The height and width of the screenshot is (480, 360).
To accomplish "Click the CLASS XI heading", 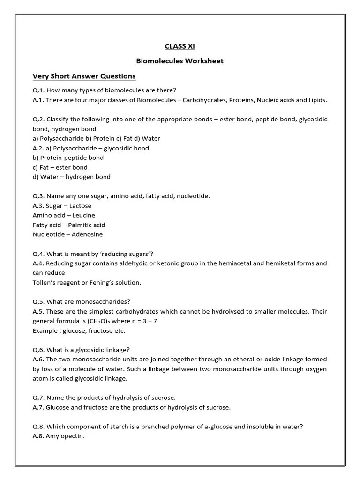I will [x=180, y=46].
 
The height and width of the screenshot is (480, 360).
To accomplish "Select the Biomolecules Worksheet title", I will [x=180, y=61].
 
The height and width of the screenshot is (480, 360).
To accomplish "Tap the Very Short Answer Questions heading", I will [x=84, y=76].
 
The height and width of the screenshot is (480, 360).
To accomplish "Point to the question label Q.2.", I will [x=38, y=119].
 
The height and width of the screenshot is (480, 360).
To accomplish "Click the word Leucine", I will [x=83, y=215].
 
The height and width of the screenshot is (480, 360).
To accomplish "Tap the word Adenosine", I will [x=88, y=234].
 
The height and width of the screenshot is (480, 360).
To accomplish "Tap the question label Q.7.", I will [x=38, y=397].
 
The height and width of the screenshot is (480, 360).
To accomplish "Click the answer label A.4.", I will [x=38, y=263].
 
